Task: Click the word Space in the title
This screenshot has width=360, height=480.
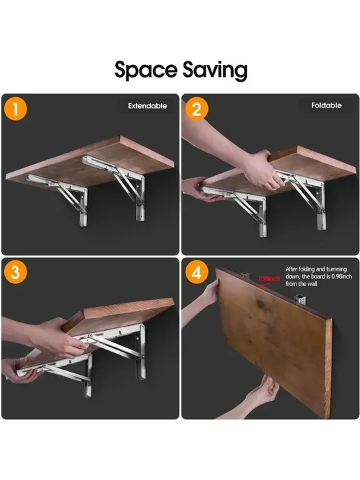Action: click(146, 70)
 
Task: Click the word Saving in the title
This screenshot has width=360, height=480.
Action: click(215, 70)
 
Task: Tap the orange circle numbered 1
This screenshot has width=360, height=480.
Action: click(15, 109)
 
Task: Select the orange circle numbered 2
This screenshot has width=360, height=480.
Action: click(197, 109)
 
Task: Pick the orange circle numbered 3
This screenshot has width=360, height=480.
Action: click(15, 272)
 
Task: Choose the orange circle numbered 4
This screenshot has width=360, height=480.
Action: click(197, 272)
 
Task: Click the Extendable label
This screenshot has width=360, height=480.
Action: click(147, 106)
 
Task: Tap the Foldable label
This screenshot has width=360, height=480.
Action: click(327, 105)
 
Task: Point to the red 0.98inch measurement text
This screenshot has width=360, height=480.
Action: click(269, 278)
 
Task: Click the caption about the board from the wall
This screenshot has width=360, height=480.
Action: click(318, 276)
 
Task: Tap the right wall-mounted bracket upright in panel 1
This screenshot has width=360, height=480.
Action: click(140, 198)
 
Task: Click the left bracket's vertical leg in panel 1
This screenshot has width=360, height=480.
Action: click(83, 207)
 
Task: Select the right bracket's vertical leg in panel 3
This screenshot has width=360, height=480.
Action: click(141, 352)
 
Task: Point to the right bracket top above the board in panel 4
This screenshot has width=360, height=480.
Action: click(300, 299)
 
